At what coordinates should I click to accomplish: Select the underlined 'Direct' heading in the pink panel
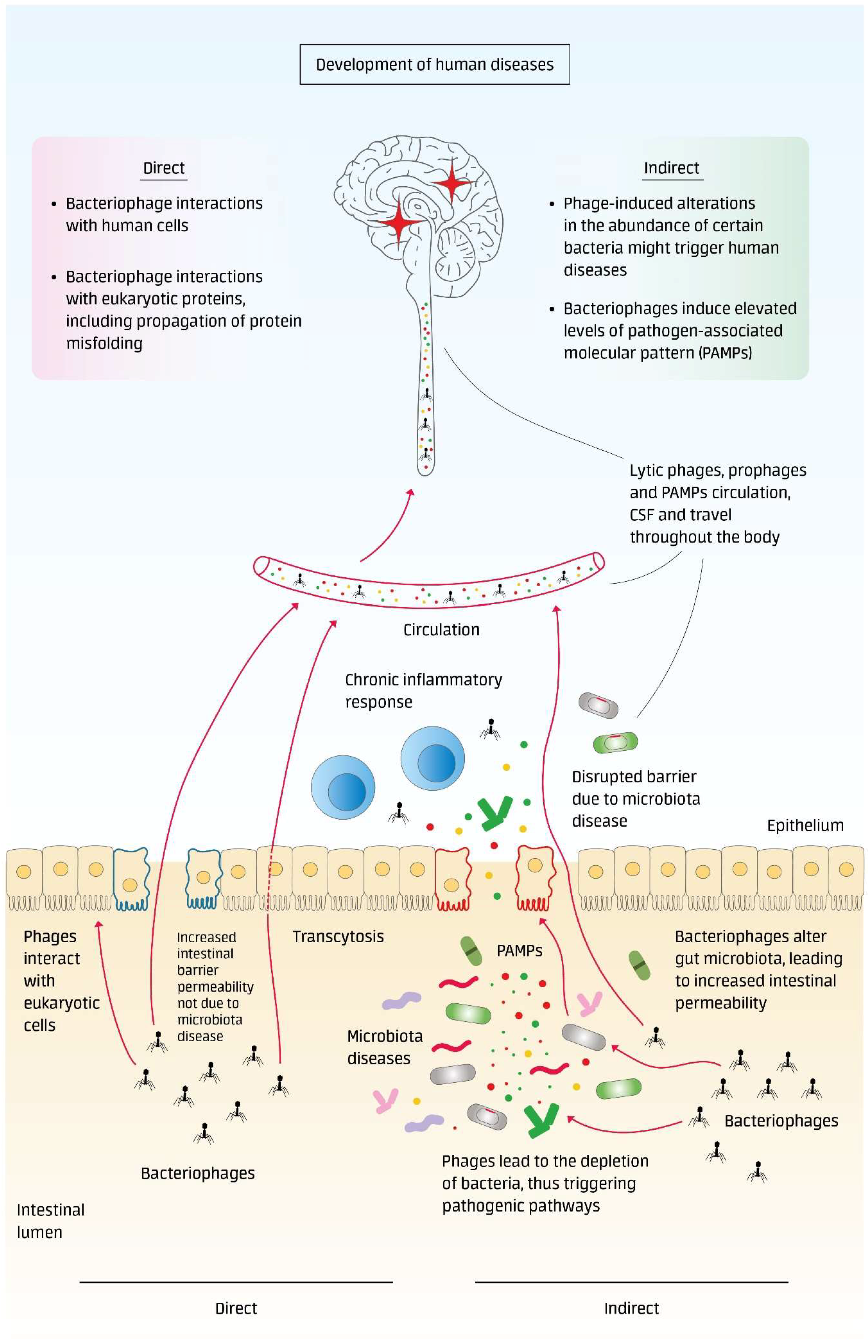164,168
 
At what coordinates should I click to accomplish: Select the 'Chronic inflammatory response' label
423,691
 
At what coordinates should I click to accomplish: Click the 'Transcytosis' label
338,936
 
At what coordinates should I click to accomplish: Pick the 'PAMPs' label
519,951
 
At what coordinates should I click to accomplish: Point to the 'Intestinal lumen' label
51,1221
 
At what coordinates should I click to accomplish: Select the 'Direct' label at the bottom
236,1308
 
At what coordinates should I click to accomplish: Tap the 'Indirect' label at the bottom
631,1308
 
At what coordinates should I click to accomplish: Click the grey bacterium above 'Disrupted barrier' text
598,705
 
